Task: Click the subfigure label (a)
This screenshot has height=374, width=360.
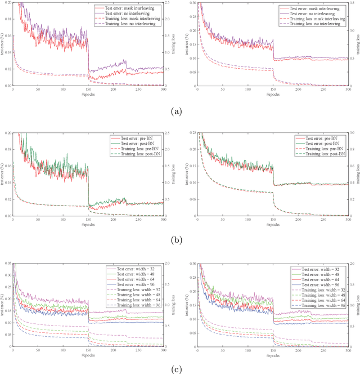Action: click(x=180, y=112)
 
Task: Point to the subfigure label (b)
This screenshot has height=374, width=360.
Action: click(x=180, y=241)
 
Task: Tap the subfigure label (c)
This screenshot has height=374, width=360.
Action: click(x=180, y=369)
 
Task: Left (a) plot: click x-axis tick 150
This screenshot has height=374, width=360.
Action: click(x=88, y=89)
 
